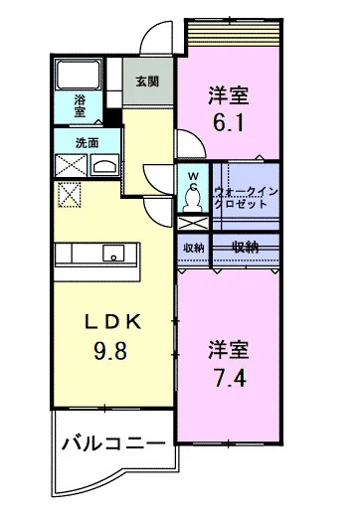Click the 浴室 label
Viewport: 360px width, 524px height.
[81, 106]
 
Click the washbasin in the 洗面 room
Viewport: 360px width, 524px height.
[103, 164]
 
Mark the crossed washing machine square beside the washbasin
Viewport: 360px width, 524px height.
[71, 165]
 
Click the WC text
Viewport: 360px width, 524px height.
[194, 179]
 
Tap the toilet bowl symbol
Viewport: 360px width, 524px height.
[194, 200]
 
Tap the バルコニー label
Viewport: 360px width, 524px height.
[109, 441]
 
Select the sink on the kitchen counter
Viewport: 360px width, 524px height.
[112, 254]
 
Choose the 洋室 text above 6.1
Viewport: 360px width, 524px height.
[228, 95]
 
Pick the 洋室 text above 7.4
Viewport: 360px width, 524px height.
[228, 349]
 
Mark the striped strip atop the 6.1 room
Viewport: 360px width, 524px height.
[235, 34]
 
